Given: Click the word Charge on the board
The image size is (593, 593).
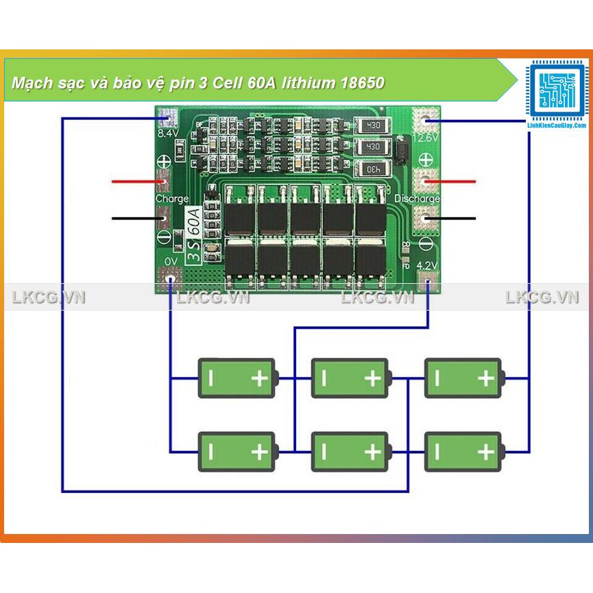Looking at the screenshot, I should [x=172, y=199].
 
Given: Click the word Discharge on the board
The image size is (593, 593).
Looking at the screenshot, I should [x=417, y=199].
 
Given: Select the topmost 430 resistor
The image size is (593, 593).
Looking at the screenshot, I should [x=374, y=126].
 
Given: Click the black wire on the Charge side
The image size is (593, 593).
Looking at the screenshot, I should [x=134, y=219].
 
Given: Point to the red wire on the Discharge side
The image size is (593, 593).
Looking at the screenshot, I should [x=456, y=182].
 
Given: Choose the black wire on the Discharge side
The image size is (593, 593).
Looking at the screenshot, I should [x=456, y=219].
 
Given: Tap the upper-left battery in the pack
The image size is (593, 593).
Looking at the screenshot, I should [x=237, y=378].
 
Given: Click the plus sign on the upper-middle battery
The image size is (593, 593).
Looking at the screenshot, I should [x=372, y=378].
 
